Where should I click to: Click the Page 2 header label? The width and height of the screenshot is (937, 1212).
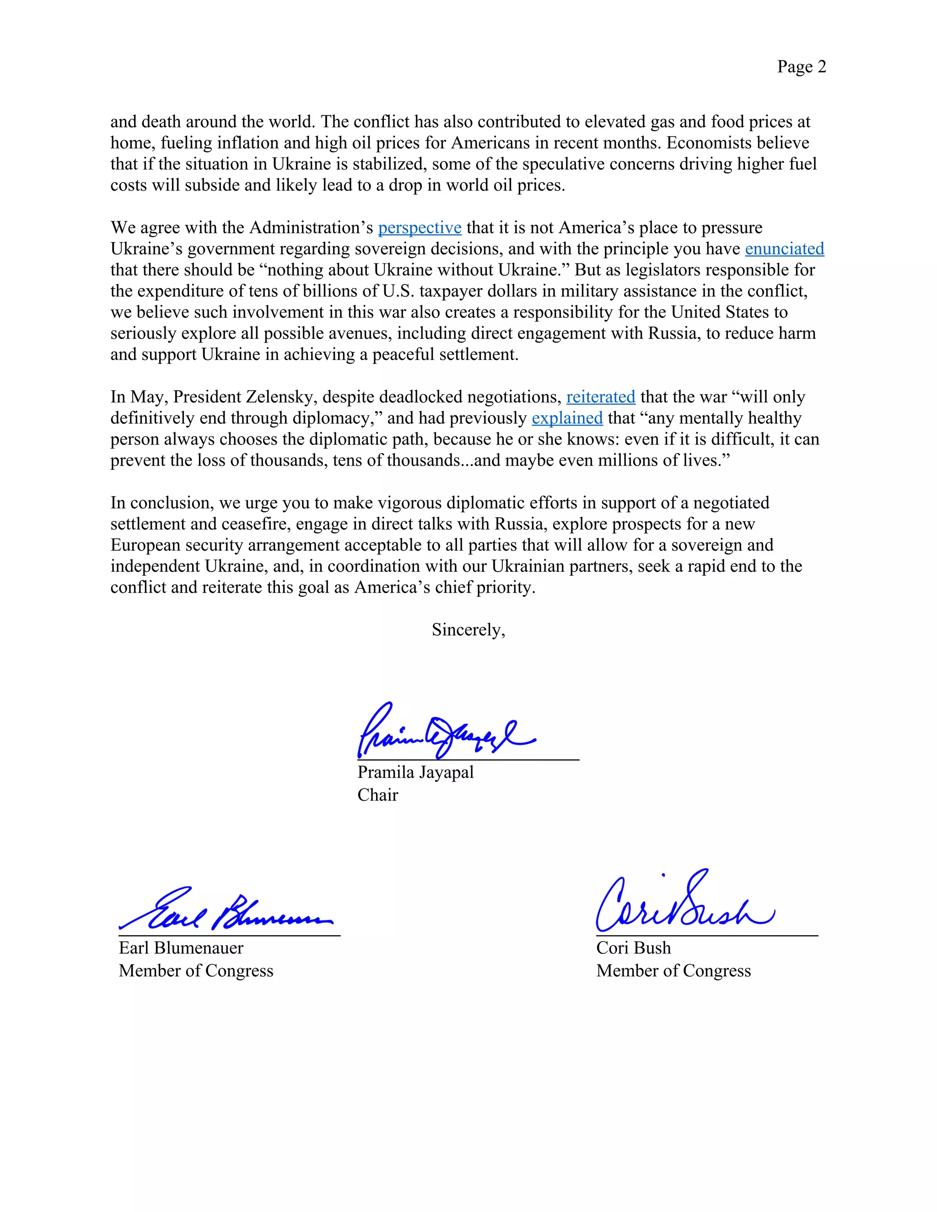click(801, 67)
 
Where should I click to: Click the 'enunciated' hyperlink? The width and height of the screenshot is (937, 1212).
click(784, 249)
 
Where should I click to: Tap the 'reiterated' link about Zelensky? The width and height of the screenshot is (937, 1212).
click(600, 397)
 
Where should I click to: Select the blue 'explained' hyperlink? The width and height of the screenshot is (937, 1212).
click(567, 418)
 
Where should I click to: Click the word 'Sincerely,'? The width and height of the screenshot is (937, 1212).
click(468, 629)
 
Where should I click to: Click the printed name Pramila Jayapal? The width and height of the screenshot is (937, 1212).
click(415, 772)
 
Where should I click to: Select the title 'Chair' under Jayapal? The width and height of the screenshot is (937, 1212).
click(377, 795)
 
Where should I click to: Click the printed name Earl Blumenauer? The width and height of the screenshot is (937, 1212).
click(181, 948)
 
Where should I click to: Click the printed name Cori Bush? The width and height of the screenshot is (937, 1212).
click(633, 948)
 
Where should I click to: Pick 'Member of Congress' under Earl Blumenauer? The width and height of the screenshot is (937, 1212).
click(196, 971)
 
